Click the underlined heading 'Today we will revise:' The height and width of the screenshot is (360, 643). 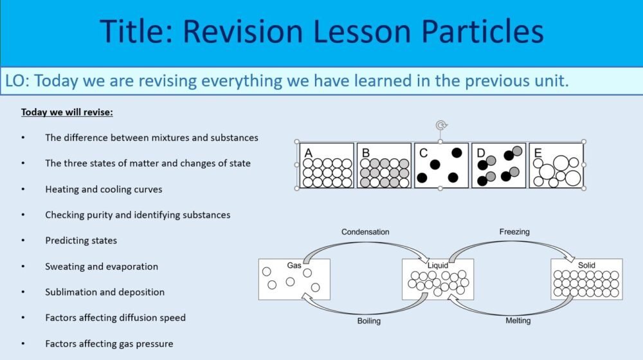[x=67, y=112]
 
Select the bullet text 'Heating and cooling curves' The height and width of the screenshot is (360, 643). [x=104, y=189]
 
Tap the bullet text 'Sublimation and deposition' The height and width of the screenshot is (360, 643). [x=105, y=292]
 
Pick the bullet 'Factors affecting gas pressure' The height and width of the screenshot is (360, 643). [x=109, y=343]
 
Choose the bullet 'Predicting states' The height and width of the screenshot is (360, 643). [x=81, y=240]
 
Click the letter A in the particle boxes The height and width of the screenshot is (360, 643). [x=309, y=153]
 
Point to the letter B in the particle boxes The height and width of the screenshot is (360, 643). [x=366, y=153]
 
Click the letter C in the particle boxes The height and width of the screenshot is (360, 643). [x=423, y=153]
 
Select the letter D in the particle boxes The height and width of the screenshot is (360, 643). [x=480, y=153]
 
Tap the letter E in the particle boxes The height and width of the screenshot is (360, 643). [x=538, y=153]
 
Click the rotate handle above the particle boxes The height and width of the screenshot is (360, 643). [x=440, y=125]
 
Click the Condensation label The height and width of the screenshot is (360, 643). [x=365, y=232]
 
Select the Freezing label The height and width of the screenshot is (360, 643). [x=514, y=232]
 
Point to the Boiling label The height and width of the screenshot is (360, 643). [x=368, y=321]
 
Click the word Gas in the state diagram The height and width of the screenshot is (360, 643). [x=294, y=265]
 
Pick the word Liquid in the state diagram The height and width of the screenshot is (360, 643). [x=438, y=265]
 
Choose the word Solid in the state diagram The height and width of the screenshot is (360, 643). [x=586, y=265]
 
